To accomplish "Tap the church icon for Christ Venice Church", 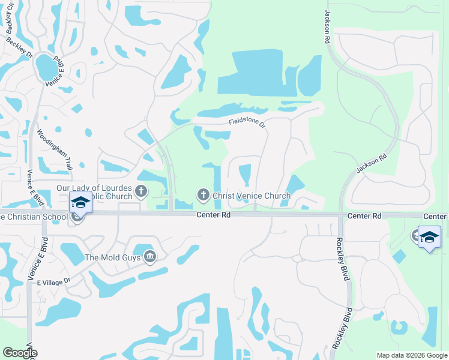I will (203, 195).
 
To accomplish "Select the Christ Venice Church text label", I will (252, 196).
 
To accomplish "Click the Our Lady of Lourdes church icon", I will (141, 192).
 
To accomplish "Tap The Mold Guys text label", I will (113, 257).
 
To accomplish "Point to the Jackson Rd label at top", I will (328, 26).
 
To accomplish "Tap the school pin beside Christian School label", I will (80, 202).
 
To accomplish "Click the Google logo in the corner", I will (20, 353).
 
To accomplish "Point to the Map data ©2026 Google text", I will (412, 355).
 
